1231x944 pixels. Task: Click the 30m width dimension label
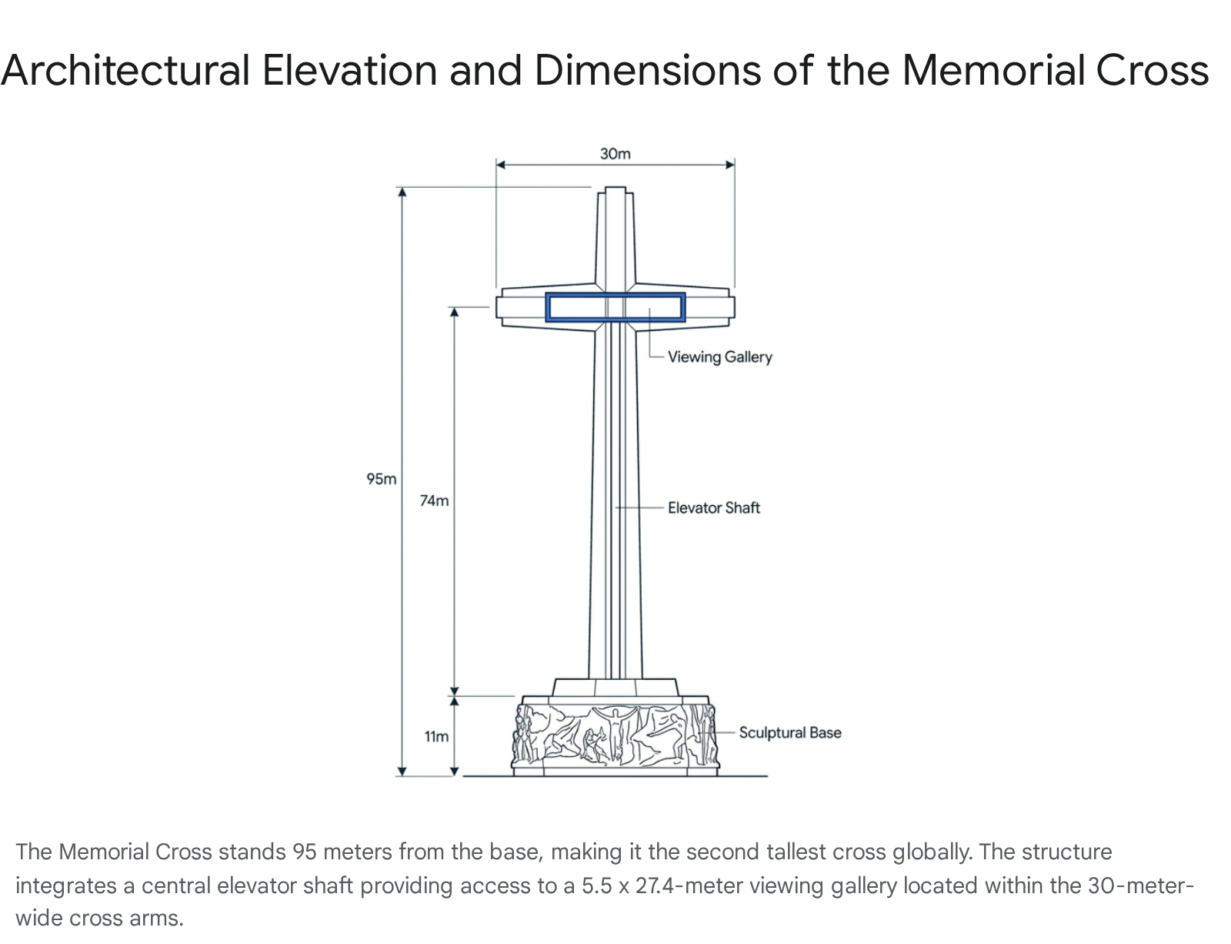615,154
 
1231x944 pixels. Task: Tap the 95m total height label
382,479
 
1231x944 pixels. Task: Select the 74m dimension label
434,500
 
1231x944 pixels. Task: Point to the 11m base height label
436,737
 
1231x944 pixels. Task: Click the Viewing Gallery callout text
719,357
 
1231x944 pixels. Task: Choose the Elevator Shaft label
713,507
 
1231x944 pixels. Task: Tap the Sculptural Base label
789,732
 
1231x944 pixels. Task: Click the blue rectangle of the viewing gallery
615,296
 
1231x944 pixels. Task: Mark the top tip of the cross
615,189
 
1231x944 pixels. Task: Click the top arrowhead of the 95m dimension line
402,192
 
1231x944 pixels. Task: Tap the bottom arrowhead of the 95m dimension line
402,771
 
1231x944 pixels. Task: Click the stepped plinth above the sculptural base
615,688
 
